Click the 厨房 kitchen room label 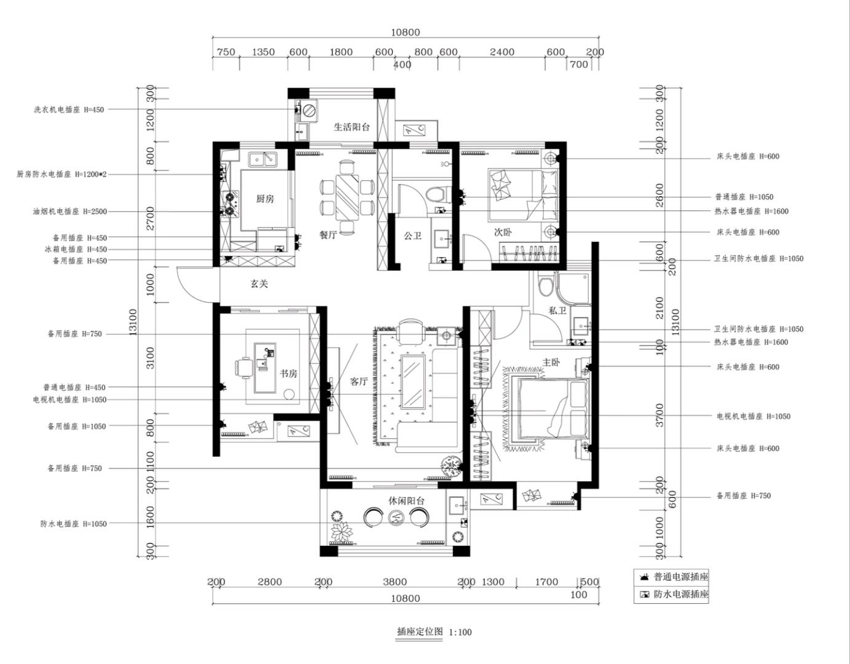tap(265, 199)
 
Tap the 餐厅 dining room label tap(328, 235)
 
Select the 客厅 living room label tap(359, 381)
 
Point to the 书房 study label tap(288, 373)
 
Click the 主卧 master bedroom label tap(551, 362)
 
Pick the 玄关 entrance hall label tap(259, 283)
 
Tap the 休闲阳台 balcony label tap(406, 500)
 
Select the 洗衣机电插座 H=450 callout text tap(69, 110)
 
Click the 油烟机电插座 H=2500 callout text tap(69, 211)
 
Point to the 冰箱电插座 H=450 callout tap(76, 249)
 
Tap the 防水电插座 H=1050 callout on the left tap(73, 524)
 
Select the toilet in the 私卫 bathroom tap(545, 286)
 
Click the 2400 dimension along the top tap(502, 52)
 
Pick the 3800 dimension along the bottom tap(395, 582)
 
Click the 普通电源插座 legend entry tap(674, 577)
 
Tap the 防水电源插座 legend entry tap(674, 594)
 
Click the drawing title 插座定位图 tap(420, 631)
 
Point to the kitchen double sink tap(262, 159)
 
